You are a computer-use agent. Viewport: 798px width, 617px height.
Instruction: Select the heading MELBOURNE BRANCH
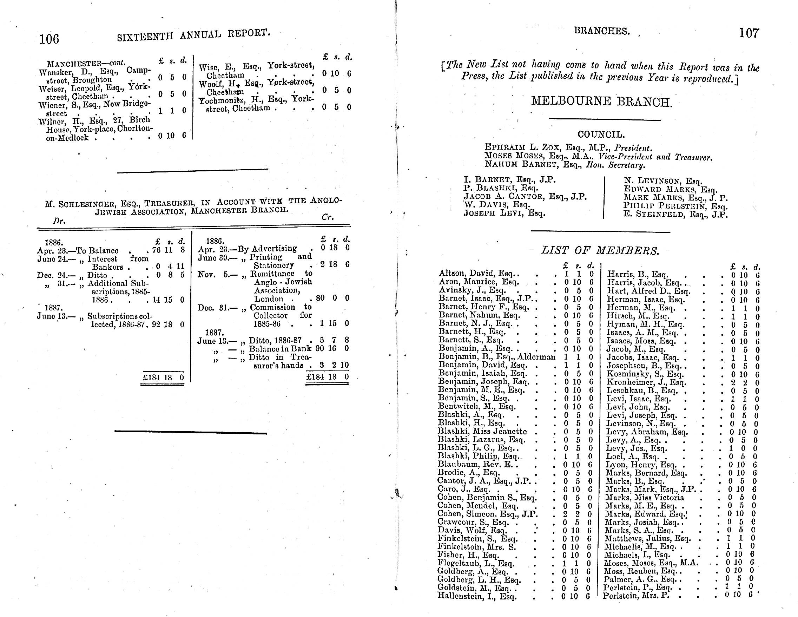point(601,101)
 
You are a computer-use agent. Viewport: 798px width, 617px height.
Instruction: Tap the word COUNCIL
point(601,135)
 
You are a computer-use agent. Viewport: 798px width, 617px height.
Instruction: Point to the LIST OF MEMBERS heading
point(600,251)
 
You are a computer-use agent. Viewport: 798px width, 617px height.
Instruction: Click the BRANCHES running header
point(602,32)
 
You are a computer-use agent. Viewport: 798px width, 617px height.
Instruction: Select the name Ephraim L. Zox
point(522,148)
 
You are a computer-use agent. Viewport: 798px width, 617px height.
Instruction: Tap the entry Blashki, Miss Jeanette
point(482,431)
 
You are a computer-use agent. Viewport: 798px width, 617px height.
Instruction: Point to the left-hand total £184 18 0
point(163,378)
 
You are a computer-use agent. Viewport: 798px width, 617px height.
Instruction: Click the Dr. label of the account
point(59,221)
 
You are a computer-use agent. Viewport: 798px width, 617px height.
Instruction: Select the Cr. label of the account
point(328,217)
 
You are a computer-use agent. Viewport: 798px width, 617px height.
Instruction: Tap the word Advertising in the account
point(274,249)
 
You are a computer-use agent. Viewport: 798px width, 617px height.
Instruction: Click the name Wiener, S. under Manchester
point(55,106)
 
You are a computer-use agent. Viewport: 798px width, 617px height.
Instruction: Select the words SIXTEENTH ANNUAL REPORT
point(193,35)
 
